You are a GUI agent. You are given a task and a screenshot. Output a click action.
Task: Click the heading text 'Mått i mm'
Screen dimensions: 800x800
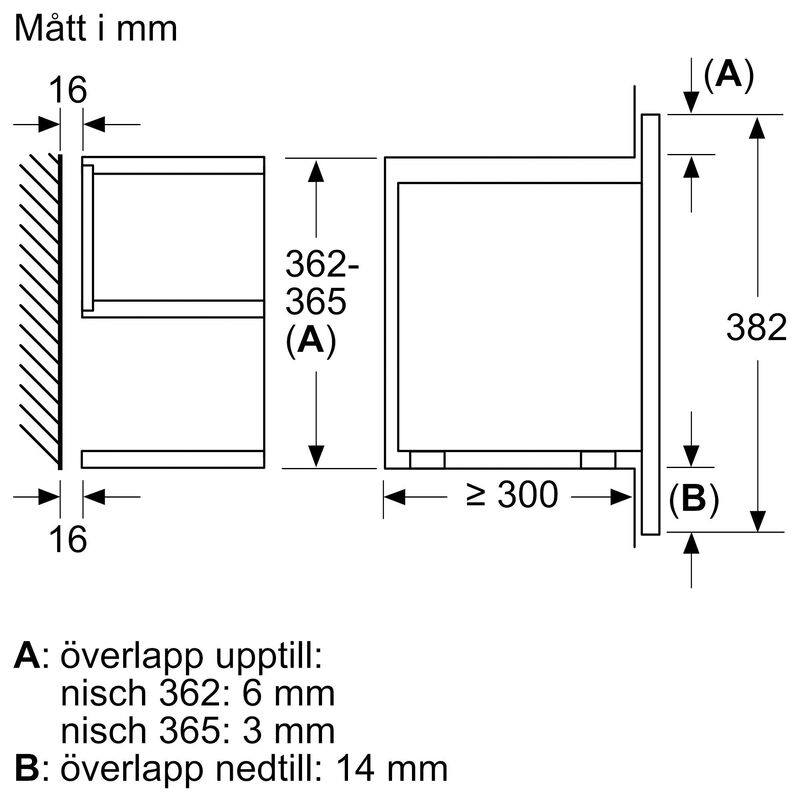click(x=96, y=28)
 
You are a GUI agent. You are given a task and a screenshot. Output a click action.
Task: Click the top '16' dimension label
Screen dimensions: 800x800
click(x=69, y=90)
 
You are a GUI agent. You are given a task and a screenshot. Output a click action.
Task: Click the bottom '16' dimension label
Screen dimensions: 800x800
click(x=69, y=539)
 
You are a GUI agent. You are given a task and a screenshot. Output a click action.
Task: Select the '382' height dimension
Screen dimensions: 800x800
click(x=758, y=326)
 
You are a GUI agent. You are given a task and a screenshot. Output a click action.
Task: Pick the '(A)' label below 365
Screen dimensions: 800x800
click(x=310, y=341)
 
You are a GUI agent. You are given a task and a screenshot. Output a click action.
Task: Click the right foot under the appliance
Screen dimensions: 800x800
click(x=598, y=459)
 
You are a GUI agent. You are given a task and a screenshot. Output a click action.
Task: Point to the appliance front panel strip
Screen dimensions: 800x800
click(x=648, y=325)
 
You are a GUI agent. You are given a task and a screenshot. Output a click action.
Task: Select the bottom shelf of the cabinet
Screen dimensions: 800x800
click(x=172, y=459)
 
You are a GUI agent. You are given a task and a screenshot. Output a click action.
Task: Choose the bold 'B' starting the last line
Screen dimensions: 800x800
click(x=28, y=767)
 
